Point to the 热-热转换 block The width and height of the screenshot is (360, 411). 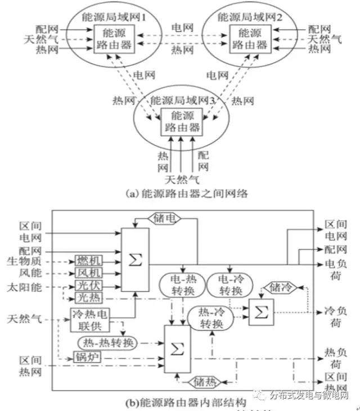click(x=107, y=342)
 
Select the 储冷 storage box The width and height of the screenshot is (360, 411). click(x=280, y=288)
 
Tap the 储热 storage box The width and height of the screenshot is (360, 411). click(x=202, y=381)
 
